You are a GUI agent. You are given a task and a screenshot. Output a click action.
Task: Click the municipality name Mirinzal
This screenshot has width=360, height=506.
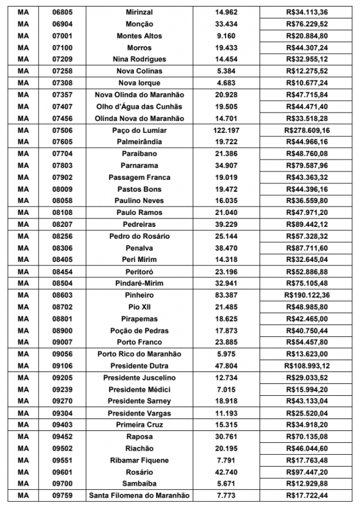[139, 13]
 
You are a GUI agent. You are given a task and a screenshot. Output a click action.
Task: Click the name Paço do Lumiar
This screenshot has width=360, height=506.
[139, 130]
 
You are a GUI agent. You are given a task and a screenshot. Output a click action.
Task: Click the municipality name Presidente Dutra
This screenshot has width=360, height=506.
[139, 366]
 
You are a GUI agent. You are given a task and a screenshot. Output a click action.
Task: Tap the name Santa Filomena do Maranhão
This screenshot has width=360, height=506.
[139, 496]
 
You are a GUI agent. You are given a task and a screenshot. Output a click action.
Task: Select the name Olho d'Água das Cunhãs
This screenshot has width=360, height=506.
[139, 107]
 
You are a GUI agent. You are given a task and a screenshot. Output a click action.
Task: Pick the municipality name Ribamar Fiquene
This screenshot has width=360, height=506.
[139, 460]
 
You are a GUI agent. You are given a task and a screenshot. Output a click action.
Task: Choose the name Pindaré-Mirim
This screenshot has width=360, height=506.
[139, 283]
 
